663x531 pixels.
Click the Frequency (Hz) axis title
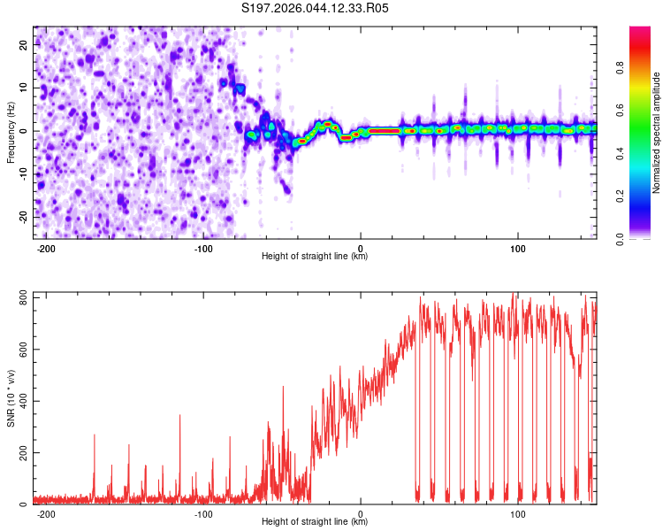[11, 132]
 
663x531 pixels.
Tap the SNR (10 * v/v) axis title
[11, 398]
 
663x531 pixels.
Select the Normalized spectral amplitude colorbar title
[658, 133]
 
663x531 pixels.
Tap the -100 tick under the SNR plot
[203, 513]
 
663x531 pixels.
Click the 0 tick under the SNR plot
[361, 513]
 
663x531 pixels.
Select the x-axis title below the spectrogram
[315, 257]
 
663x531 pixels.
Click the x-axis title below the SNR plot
[315, 522]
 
